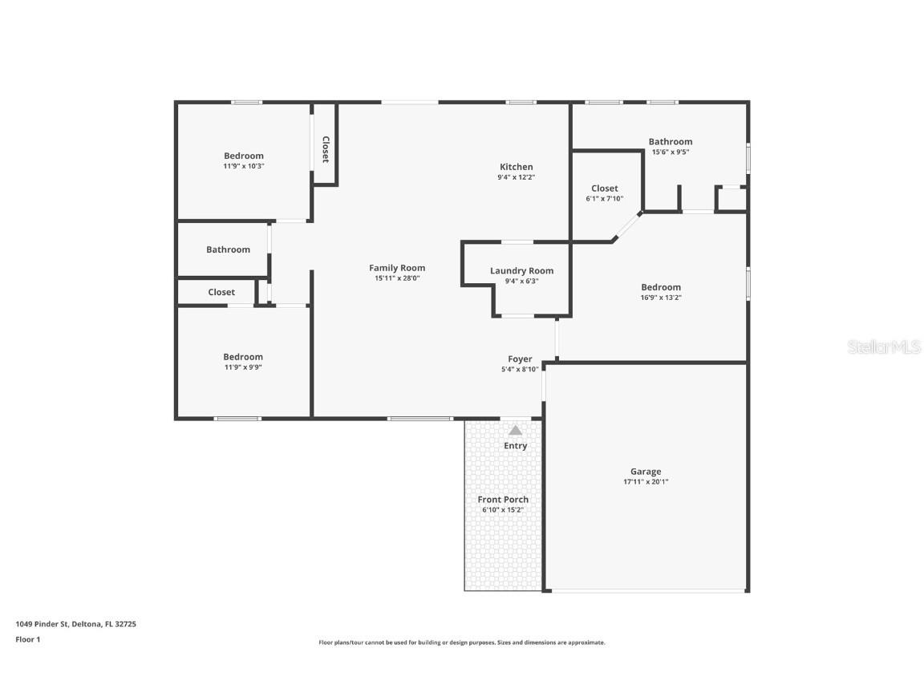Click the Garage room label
tap(645, 472)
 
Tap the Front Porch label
tap(503, 500)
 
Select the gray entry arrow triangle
tap(515, 431)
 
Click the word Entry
tap(515, 446)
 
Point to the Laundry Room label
tap(521, 271)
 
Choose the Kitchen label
tap(516, 167)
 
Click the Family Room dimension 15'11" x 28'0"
tap(396, 278)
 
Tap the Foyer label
tap(520, 359)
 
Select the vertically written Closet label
tap(325, 149)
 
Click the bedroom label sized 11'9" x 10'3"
tap(243, 156)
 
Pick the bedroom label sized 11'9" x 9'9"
tap(243, 357)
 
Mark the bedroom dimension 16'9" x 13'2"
tap(661, 298)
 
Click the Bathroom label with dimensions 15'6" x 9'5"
tap(670, 142)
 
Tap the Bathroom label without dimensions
tap(228, 249)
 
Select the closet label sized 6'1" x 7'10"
tap(604, 188)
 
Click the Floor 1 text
tap(27, 639)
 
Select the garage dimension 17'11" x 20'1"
tap(645, 482)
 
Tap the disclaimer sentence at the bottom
tap(462, 642)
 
